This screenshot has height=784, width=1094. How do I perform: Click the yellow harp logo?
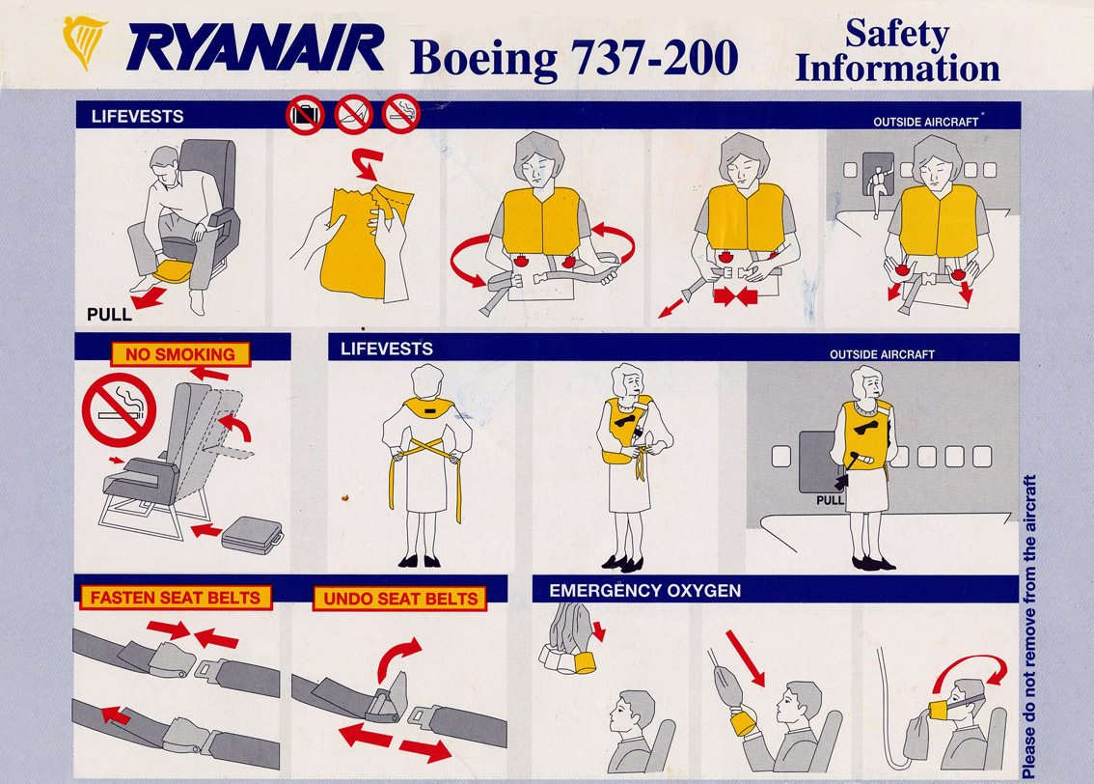(x=84, y=42)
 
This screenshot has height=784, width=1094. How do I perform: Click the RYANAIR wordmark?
(x=256, y=47)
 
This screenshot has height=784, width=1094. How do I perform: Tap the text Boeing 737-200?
(x=573, y=57)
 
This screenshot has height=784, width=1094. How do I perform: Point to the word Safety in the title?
(x=897, y=33)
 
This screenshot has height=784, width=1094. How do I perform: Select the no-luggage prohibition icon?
(x=305, y=115)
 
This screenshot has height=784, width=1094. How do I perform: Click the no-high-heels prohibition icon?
(x=353, y=115)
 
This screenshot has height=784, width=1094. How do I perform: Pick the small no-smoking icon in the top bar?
(x=401, y=115)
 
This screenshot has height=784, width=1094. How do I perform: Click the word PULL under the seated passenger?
(x=109, y=315)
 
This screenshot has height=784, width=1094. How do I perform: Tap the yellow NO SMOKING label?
(x=180, y=354)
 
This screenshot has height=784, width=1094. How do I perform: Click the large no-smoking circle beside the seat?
(x=119, y=409)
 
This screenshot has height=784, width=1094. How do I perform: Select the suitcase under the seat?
(x=252, y=536)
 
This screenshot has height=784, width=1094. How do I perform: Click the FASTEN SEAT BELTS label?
(x=176, y=598)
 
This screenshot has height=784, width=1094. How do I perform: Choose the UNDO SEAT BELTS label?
(x=399, y=599)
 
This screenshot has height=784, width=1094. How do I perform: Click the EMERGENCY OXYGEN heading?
(x=644, y=591)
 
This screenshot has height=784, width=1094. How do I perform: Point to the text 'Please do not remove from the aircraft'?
(x=1028, y=627)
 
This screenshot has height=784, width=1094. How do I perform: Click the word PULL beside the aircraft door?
(x=830, y=500)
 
